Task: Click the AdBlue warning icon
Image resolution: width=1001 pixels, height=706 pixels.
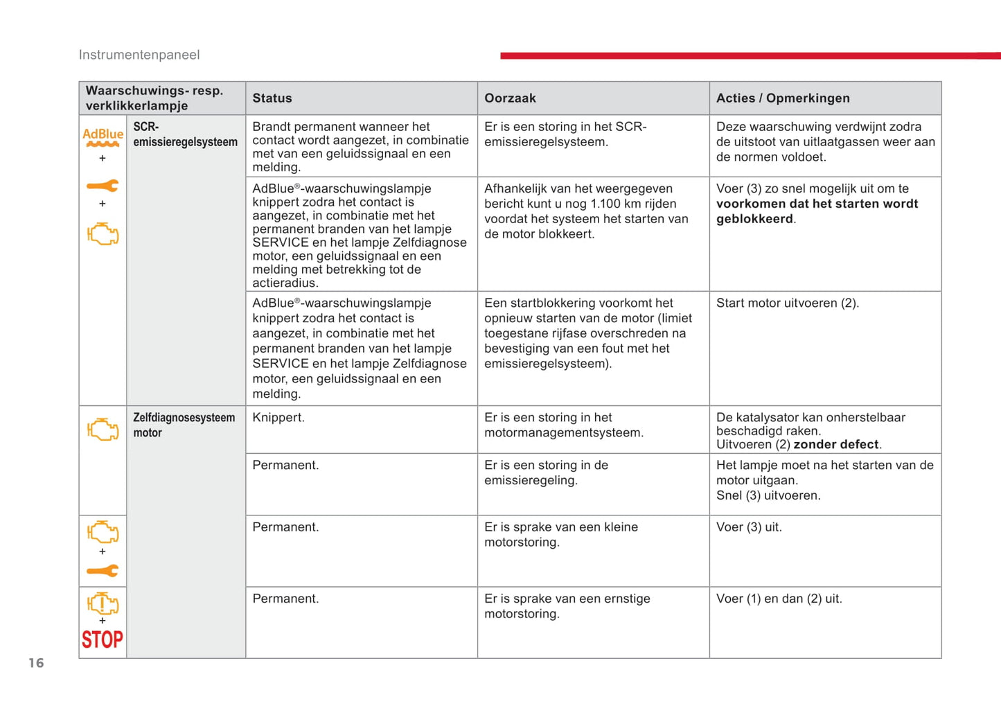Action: pyautogui.click(x=103, y=137)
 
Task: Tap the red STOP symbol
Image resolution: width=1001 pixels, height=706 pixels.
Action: pyautogui.click(x=103, y=639)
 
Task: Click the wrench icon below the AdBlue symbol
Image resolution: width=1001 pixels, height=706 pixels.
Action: pyautogui.click(x=103, y=186)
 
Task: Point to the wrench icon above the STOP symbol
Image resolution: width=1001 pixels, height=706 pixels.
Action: pyautogui.click(x=103, y=571)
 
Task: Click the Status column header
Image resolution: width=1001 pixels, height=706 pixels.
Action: pyautogui.click(x=272, y=98)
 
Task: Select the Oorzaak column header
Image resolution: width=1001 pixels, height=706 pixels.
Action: pyautogui.click(x=510, y=98)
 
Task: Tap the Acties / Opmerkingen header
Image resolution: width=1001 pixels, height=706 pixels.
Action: pyautogui.click(x=783, y=98)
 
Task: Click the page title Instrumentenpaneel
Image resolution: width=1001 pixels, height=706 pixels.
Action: pyautogui.click(x=139, y=55)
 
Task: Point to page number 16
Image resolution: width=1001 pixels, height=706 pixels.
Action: pyautogui.click(x=36, y=663)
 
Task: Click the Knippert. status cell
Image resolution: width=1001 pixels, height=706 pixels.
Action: pyautogui.click(x=278, y=418)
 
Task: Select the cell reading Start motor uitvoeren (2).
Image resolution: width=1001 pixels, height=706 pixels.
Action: pyautogui.click(x=787, y=303)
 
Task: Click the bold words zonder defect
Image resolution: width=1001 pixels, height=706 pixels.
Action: pyautogui.click(x=837, y=445)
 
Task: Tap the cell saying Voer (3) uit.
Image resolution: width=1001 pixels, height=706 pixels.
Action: pyautogui.click(x=749, y=527)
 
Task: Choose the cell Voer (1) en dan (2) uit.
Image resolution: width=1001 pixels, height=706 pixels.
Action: pyautogui.click(x=779, y=599)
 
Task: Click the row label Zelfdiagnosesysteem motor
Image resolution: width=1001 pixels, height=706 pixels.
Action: pyautogui.click(x=184, y=425)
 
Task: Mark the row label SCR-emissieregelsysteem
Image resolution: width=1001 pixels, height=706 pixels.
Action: pyautogui.click(x=185, y=134)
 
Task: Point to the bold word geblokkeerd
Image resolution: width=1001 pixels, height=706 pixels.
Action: pyautogui.click(x=754, y=219)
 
